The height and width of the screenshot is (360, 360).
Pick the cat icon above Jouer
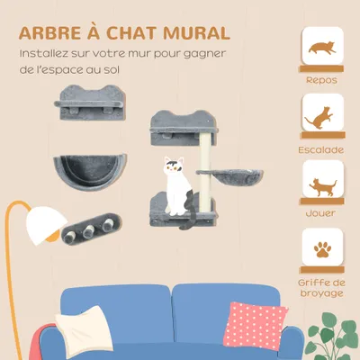click(x=321, y=186)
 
